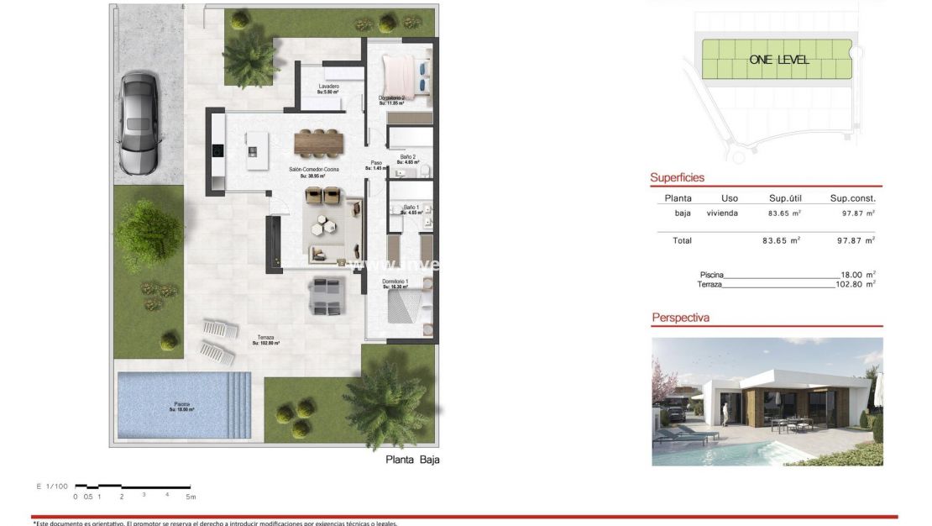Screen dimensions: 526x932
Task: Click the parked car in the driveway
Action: click(x=139, y=123)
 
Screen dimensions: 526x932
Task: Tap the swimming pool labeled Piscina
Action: click(x=183, y=406)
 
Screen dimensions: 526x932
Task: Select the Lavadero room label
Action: click(x=329, y=87)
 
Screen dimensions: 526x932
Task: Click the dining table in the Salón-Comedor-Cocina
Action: click(x=319, y=143)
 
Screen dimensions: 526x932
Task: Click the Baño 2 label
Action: click(x=408, y=157)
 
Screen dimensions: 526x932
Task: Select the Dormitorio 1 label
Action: click(x=395, y=282)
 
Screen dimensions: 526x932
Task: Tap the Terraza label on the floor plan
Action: click(x=265, y=338)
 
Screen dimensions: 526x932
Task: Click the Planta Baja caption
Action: click(x=412, y=460)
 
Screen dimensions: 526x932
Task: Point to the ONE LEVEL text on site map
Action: click(x=779, y=60)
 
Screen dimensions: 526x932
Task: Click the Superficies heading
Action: click(x=677, y=178)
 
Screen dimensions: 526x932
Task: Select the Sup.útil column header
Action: click(x=786, y=198)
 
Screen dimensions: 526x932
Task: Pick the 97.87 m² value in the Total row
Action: click(x=852, y=240)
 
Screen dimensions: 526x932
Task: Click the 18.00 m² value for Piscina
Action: click(x=857, y=275)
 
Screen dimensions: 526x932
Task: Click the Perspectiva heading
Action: click(x=680, y=318)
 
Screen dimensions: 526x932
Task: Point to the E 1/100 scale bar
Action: click(x=133, y=487)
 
